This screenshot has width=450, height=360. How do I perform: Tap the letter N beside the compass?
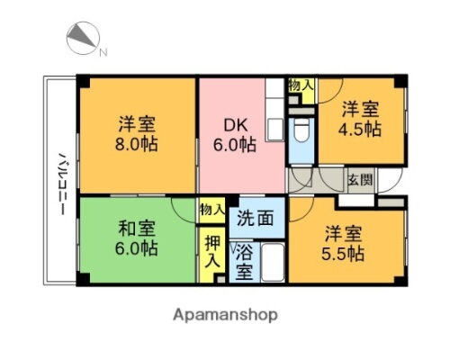(103, 51)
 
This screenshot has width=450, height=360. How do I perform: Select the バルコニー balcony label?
(62, 181)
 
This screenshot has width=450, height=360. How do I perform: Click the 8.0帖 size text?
(137, 144)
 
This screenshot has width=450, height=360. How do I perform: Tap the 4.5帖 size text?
(361, 129)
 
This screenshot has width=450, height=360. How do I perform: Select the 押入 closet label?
(211, 250)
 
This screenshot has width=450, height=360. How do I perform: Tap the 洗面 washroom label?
(255, 217)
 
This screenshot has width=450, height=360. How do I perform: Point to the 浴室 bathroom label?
(243, 259)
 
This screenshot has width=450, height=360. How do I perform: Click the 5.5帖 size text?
(345, 253)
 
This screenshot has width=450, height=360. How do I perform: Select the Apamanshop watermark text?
(224, 315)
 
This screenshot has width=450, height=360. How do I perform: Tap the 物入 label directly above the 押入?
(211, 209)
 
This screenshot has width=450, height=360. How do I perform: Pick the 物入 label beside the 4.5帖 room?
(301, 86)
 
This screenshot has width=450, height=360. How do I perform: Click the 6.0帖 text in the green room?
(137, 248)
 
